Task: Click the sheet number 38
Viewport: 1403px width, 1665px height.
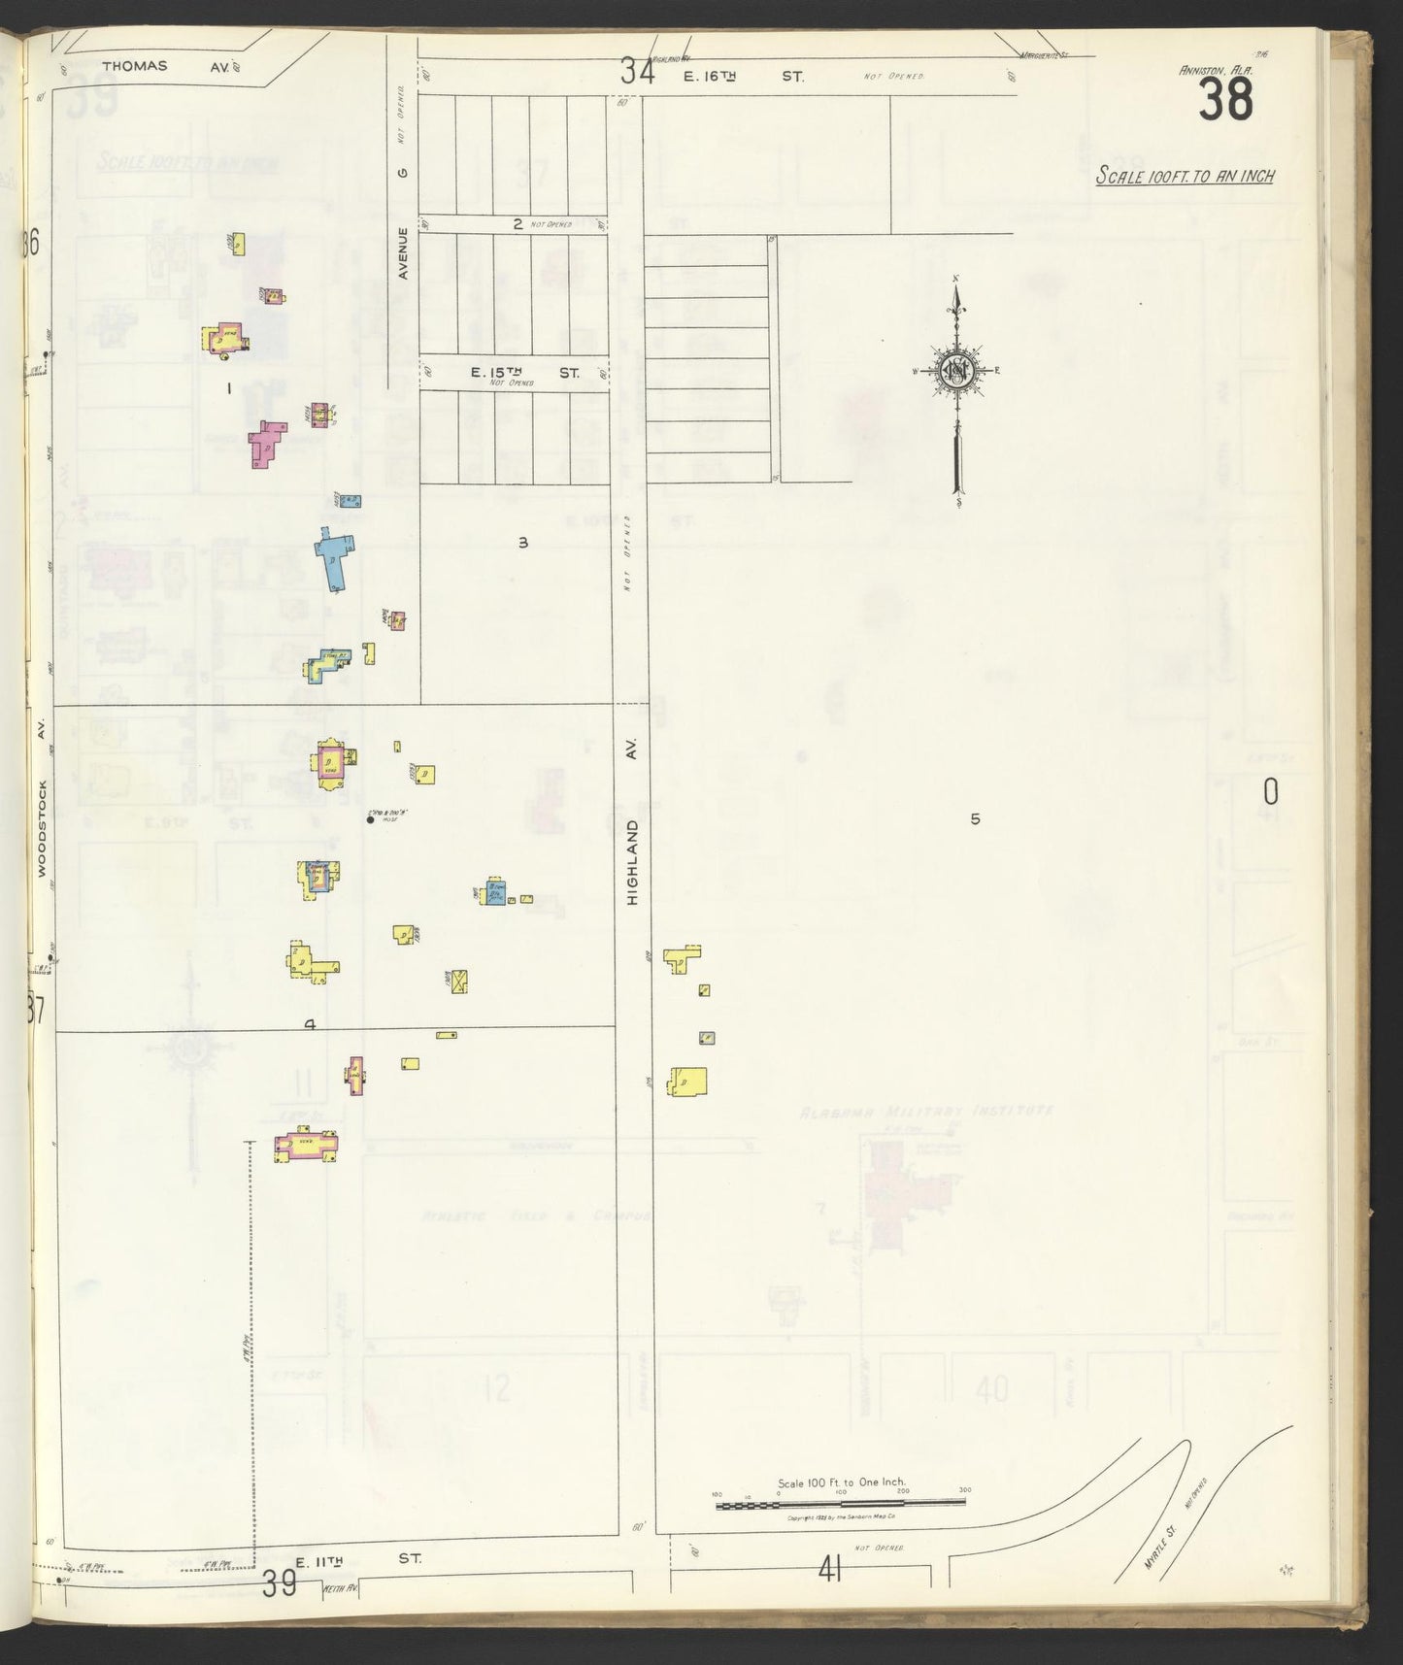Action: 1225,99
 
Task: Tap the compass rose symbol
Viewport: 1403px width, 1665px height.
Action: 956,370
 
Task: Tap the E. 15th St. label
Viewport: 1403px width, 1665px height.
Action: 524,373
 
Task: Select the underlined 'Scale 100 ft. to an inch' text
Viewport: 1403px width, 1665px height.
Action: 1185,176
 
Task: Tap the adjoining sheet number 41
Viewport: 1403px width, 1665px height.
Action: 829,1595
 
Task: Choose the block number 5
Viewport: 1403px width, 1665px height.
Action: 975,819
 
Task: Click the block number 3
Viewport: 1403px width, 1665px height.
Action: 522,543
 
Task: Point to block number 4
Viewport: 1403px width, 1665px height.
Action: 310,1024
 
